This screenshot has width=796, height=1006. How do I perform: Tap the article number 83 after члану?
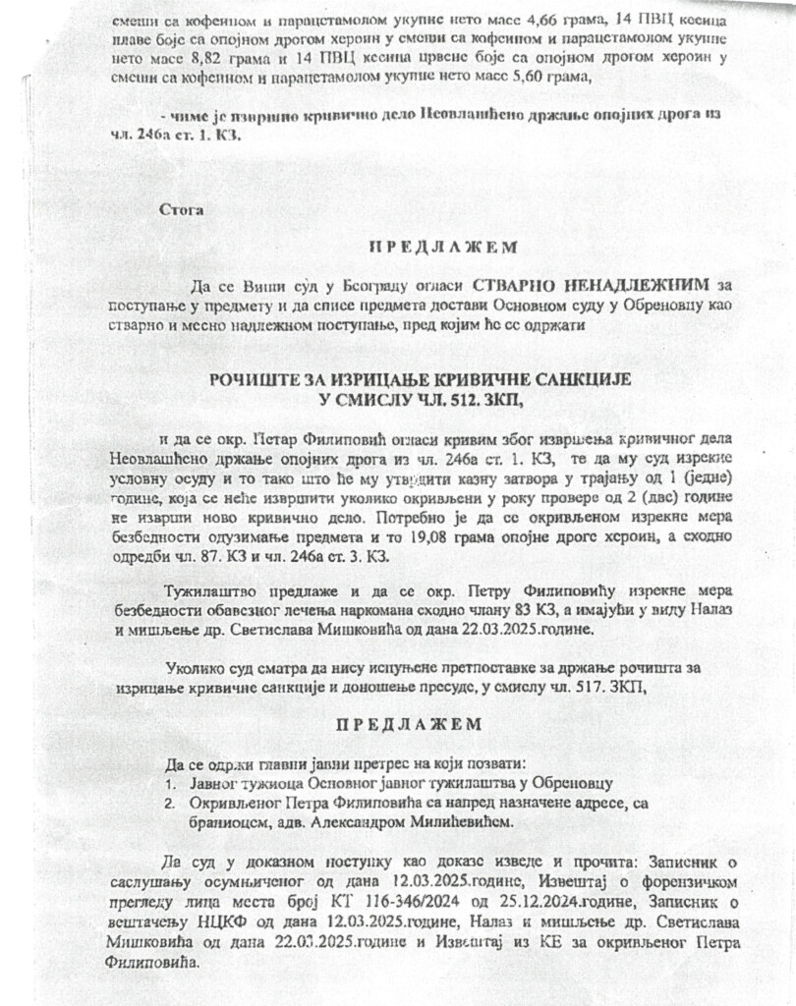527,611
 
